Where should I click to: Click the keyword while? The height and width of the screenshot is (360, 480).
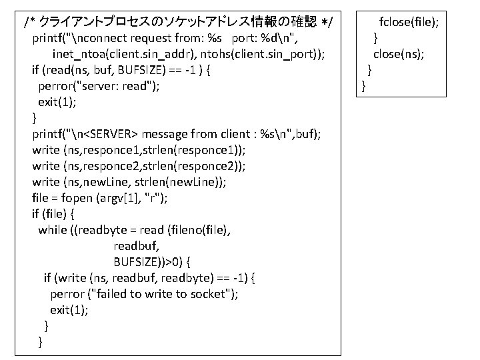(53, 230)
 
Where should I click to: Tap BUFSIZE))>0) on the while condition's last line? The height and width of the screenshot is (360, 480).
(153, 262)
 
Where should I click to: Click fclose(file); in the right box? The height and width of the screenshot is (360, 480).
(409, 21)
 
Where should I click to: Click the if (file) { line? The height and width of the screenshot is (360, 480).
(53, 214)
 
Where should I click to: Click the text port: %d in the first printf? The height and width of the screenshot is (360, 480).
(259, 38)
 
